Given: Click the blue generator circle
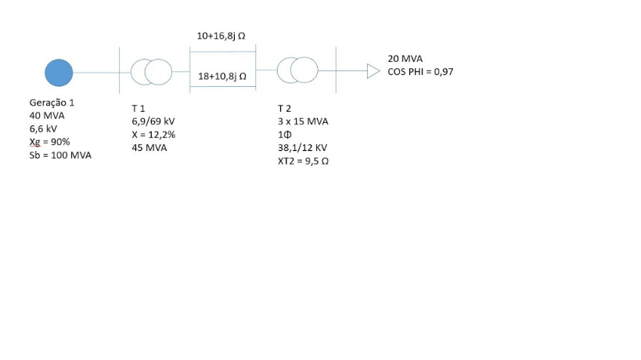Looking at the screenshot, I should [59, 72].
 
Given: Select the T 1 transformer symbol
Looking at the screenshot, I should [150, 72].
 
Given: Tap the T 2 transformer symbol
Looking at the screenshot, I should [298, 70].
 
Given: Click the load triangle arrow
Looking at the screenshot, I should [373, 72].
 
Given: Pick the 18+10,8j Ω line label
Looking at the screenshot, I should [222, 77].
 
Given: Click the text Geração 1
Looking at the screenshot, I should [52, 103].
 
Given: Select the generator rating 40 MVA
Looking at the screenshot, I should [47, 116].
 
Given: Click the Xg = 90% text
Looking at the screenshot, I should [49, 142].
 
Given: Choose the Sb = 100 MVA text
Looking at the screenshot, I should [60, 155].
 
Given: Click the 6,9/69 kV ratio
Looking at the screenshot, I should [153, 122].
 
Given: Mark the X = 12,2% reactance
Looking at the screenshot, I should [153, 135].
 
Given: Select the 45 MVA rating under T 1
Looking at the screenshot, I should [149, 148].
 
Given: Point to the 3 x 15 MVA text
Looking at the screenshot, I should [303, 121].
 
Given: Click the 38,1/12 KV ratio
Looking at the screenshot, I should [303, 148].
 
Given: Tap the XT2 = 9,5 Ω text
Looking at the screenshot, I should [303, 161].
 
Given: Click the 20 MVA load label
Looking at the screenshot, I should [405, 59].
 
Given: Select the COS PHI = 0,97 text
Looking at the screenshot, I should [420, 72].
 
